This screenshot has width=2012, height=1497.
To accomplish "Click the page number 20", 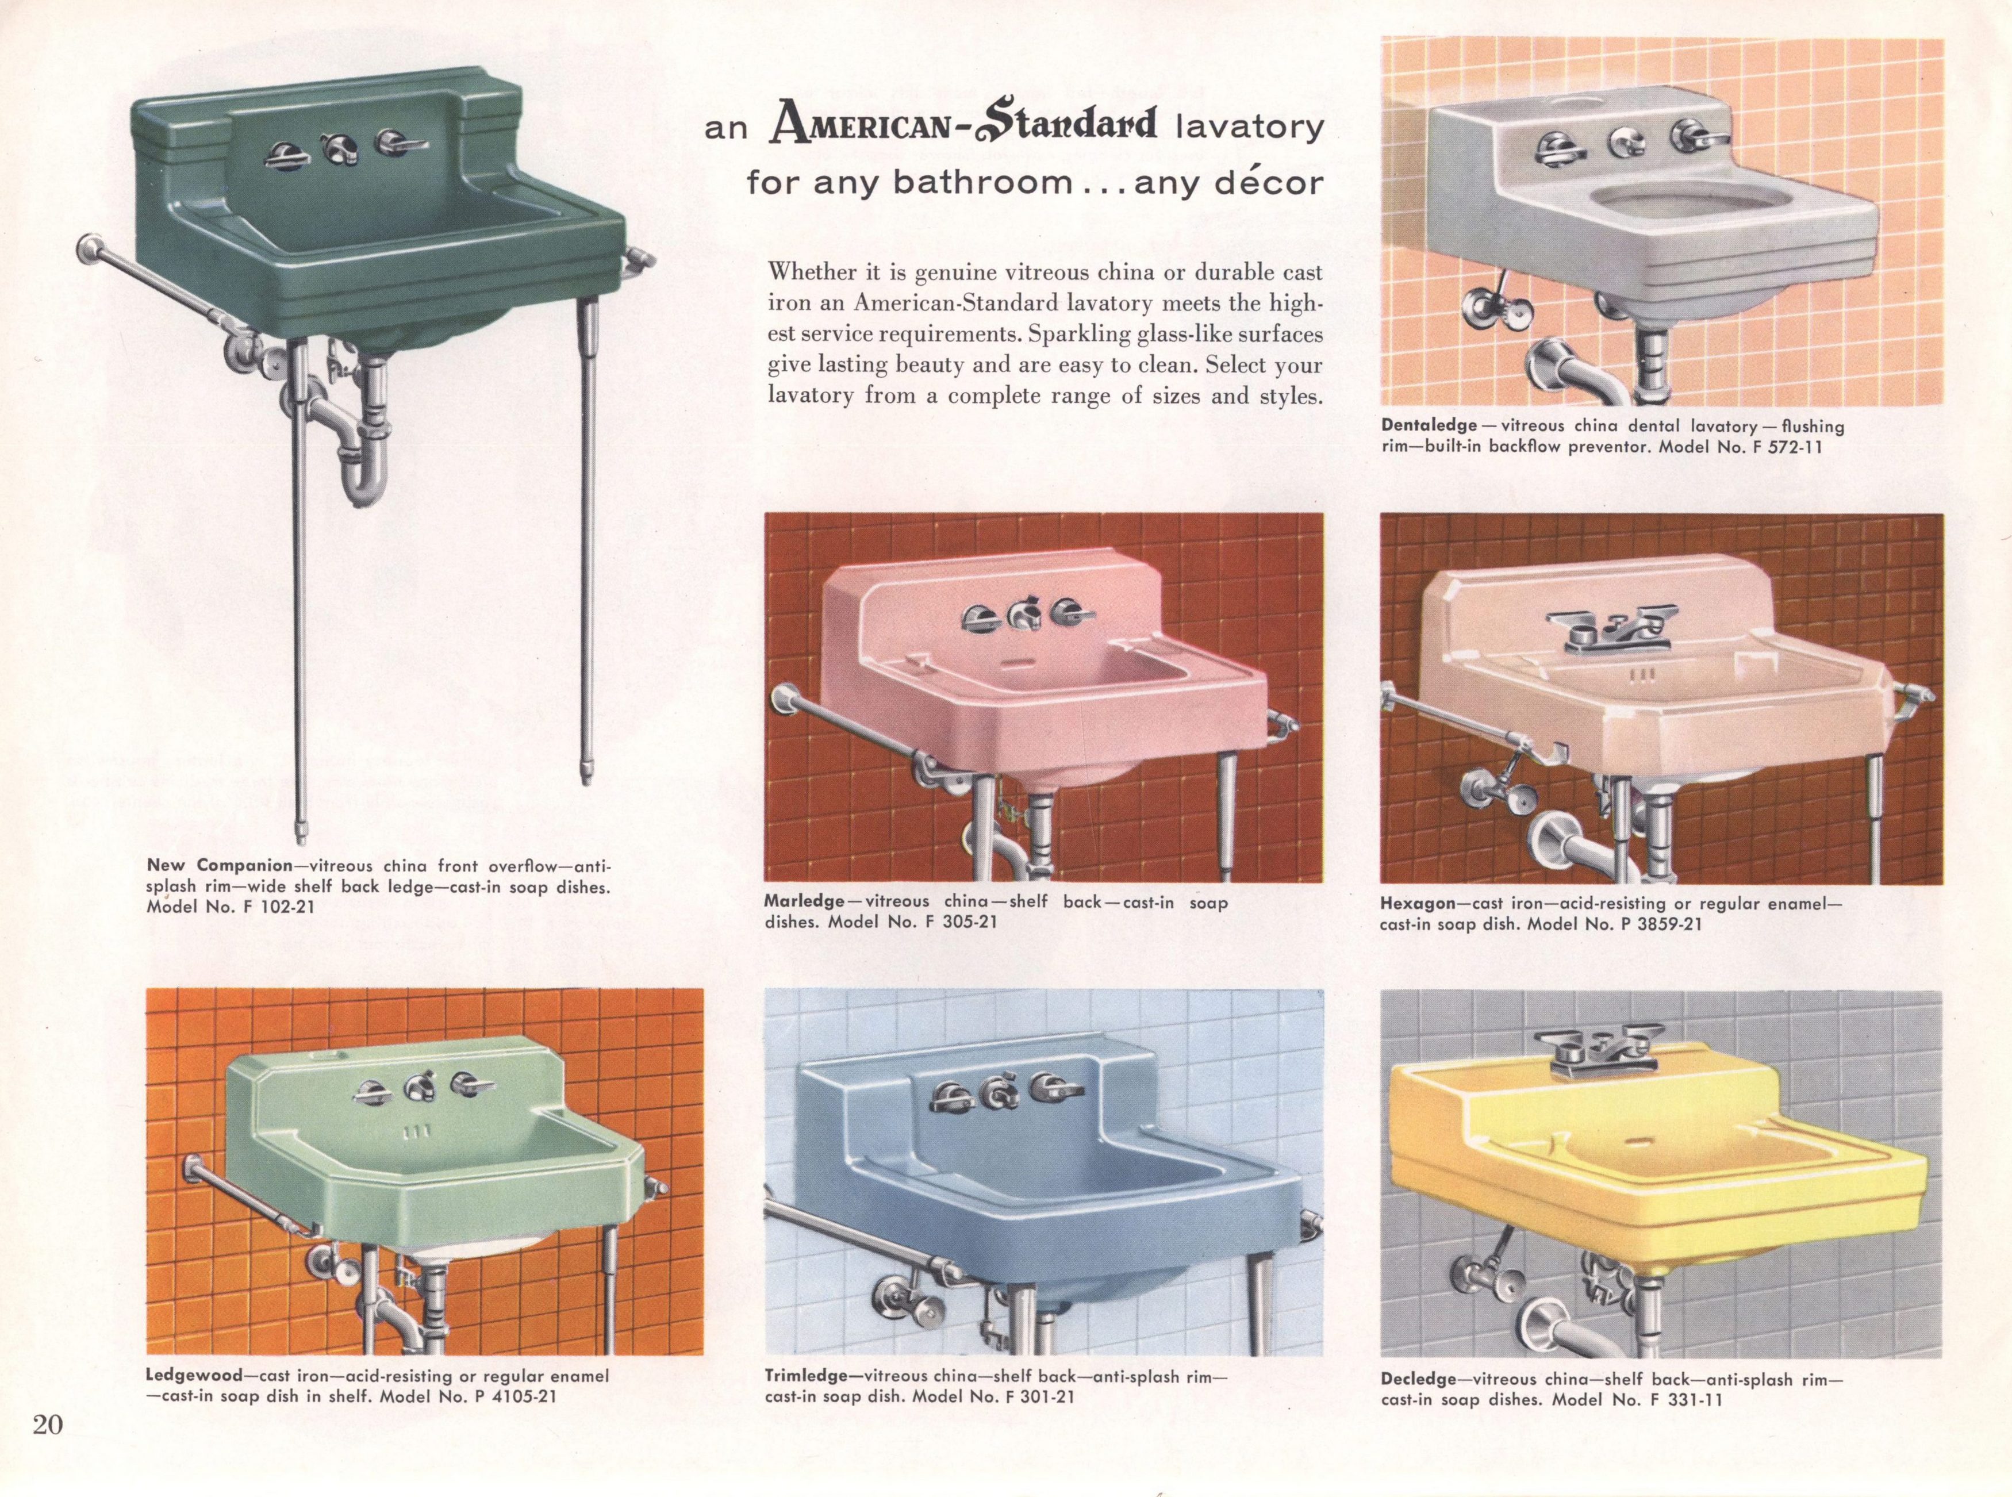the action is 48,1425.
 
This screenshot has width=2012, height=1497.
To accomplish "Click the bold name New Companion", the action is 219,865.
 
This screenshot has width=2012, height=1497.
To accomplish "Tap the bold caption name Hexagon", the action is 1418,904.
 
